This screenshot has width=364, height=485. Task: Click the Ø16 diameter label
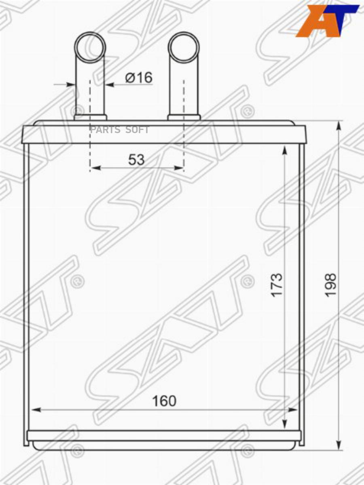pyautogui.click(x=139, y=77)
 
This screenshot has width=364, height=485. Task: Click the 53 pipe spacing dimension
pyautogui.click(x=136, y=160)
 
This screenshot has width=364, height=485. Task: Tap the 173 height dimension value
pyautogui.click(x=277, y=285)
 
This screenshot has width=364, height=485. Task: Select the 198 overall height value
pyautogui.click(x=331, y=285)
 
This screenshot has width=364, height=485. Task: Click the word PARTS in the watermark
pyautogui.click(x=105, y=130)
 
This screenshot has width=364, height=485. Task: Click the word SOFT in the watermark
pyautogui.click(x=137, y=130)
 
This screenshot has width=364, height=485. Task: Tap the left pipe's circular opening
pyautogui.click(x=90, y=48)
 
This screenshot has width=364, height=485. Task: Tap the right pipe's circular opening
pyautogui.click(x=184, y=48)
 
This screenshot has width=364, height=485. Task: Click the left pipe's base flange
pyautogui.click(x=91, y=117)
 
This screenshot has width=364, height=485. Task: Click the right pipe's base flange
pyautogui.click(x=184, y=117)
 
